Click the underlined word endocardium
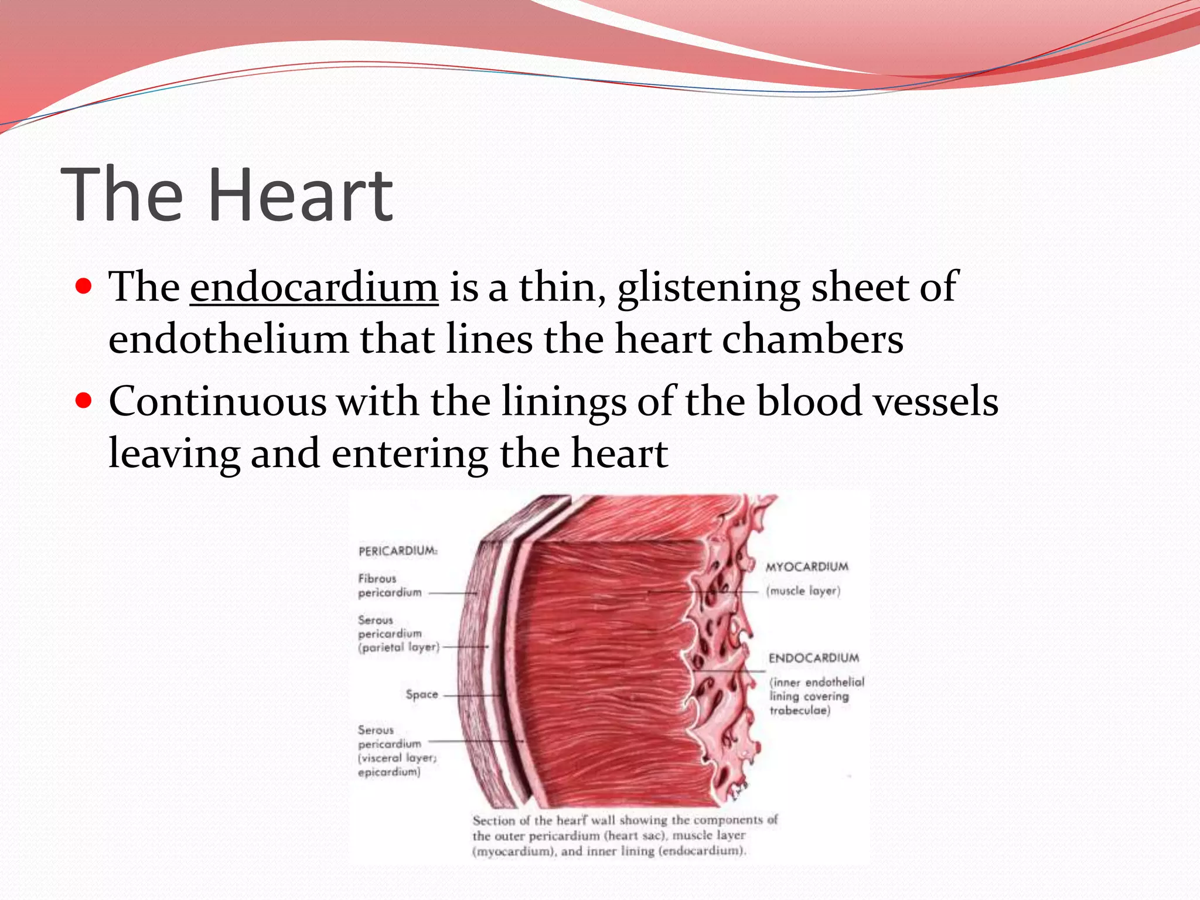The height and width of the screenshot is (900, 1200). coord(314,287)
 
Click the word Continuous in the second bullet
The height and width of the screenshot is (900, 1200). coord(217,402)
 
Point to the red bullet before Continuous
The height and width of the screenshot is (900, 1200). coord(84,401)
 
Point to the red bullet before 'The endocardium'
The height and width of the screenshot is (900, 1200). coord(84,287)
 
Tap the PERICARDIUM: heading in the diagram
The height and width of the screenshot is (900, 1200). coord(398,551)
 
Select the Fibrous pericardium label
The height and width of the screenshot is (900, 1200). coord(389,585)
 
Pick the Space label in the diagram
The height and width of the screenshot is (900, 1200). coord(422,694)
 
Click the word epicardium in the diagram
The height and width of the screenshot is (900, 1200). coord(389,772)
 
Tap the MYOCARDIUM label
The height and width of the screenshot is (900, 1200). coord(807,567)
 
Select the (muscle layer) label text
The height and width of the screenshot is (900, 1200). coord(803,591)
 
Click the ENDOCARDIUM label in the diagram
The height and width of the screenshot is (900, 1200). coord(813,658)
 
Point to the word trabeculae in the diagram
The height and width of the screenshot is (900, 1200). coord(799,711)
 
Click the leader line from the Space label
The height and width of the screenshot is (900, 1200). coord(472,696)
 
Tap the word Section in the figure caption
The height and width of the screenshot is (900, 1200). coord(491,821)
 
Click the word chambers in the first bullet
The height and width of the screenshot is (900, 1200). coord(812,340)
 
